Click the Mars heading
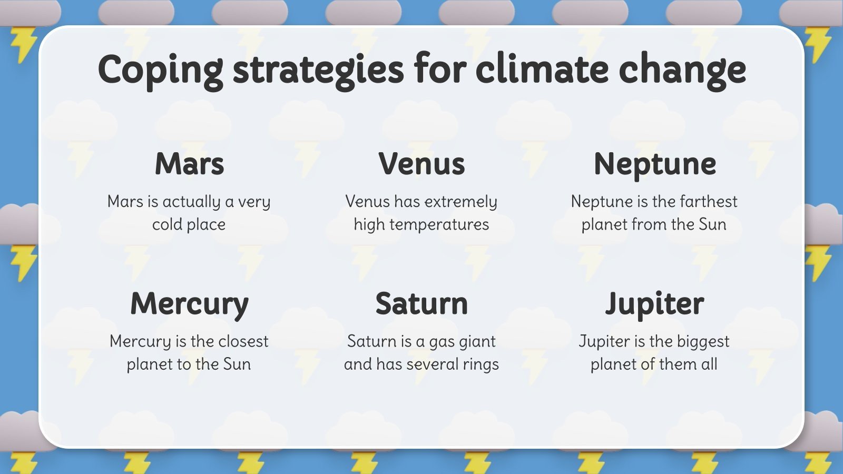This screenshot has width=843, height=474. [189, 164]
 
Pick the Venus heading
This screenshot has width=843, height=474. [421, 164]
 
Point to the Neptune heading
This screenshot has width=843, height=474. [654, 165]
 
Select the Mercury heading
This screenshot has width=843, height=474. [189, 304]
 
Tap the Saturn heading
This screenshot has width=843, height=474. [421, 304]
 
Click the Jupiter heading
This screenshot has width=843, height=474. [654, 304]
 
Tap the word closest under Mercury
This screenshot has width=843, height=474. [243, 341]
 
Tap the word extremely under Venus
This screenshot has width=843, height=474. [460, 202]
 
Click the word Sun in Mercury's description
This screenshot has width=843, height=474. [237, 364]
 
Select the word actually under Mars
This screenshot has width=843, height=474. [191, 202]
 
